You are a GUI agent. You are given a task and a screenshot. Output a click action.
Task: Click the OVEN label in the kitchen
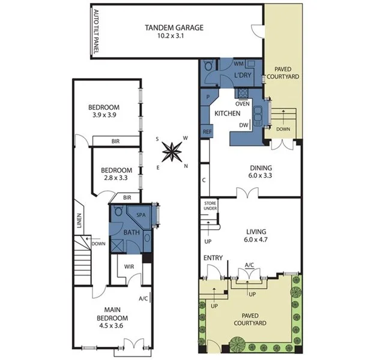pos(242,103)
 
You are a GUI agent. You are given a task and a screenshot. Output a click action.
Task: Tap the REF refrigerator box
pos(207,131)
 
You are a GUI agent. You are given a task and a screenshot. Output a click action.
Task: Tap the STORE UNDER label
pos(209,206)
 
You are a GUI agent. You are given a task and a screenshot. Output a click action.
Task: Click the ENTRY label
pos(213,258)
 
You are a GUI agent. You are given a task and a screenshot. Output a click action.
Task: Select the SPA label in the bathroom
pos(141,214)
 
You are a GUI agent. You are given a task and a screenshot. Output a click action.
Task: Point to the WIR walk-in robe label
pos(128,267)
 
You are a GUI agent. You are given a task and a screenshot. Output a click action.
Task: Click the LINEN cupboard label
pos(79,221)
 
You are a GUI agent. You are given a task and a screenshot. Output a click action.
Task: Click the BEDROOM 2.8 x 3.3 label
pos(116,174)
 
